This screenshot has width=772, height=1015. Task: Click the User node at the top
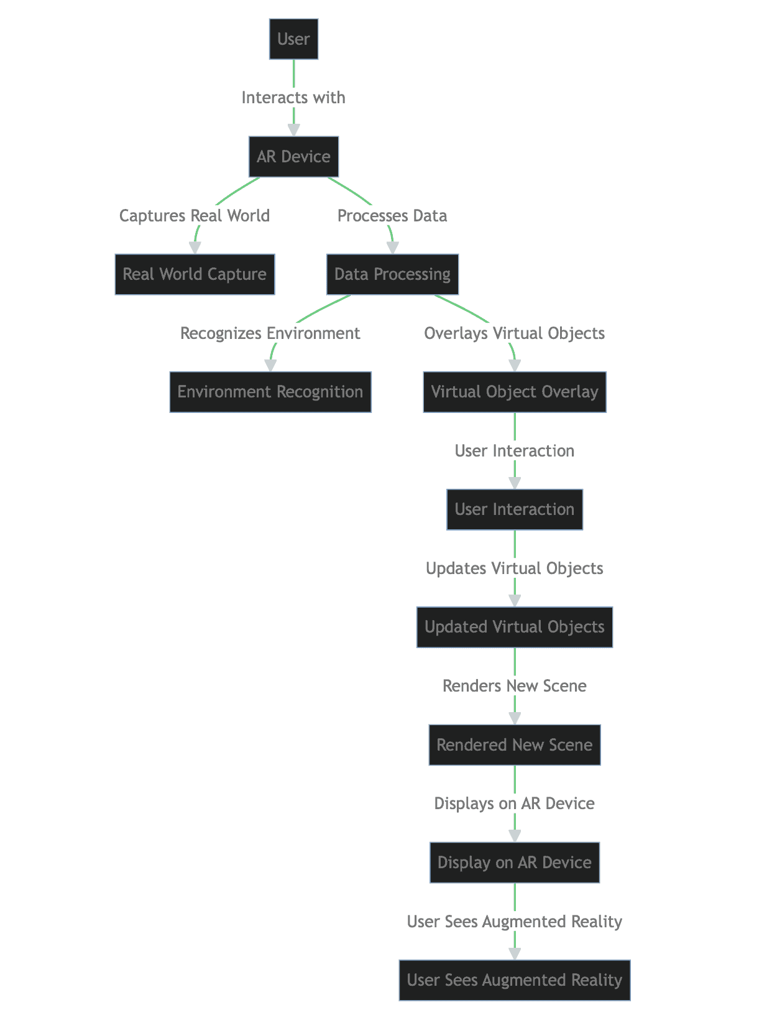coord(293,39)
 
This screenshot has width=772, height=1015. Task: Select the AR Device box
coord(293,157)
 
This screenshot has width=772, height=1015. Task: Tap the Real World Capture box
coord(195,274)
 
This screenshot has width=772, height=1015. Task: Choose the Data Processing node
coord(392,274)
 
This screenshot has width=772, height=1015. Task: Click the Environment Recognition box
coord(270,392)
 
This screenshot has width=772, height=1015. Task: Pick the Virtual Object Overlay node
coord(515,392)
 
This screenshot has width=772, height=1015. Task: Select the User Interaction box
coord(515,509)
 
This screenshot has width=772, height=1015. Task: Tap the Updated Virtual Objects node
coord(515,627)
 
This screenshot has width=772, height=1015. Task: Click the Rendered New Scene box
coord(515,745)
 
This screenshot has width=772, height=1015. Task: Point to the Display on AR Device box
coord(515,863)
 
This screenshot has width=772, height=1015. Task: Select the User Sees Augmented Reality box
coord(515,980)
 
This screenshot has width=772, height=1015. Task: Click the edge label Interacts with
coord(293,98)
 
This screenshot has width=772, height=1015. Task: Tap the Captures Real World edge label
coord(195,216)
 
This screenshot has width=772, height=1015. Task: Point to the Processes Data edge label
coord(392,216)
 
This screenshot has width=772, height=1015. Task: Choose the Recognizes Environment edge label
coord(270,333)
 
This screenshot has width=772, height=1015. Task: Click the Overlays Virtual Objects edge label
coord(515,333)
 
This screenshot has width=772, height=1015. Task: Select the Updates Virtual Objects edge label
coord(515,568)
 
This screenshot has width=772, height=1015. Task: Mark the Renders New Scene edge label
coord(515,686)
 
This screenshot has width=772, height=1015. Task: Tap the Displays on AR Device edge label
coord(515,804)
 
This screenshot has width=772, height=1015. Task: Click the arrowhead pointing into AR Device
coord(293,130)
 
